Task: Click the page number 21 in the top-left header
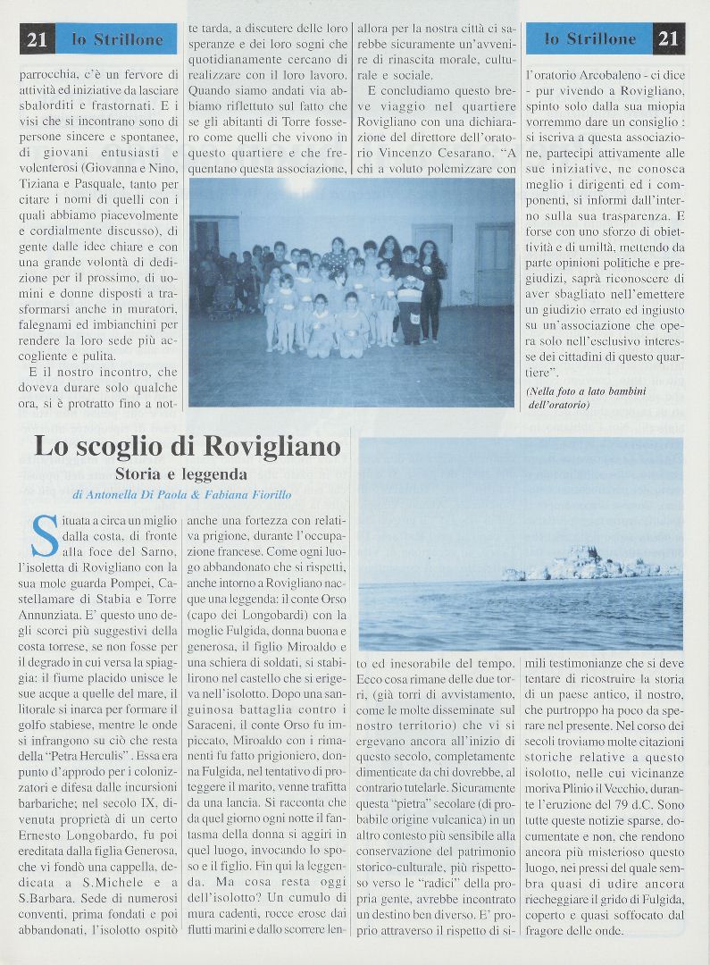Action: pos(37,39)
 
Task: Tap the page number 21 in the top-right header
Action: pos(669,38)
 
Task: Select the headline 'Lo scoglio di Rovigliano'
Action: pos(188,445)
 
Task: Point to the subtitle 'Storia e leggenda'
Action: pos(180,474)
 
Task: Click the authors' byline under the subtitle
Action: pos(182,494)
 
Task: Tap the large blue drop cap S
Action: pos(44,534)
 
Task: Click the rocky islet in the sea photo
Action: pos(589,564)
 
